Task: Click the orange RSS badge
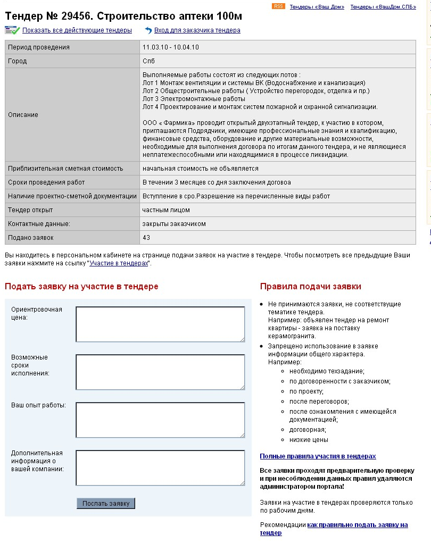tap(278, 6)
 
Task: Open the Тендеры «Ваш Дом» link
tap(317, 7)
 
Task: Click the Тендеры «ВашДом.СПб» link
tap(383, 7)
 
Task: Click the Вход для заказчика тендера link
tap(197, 30)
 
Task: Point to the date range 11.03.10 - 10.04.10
tap(171, 47)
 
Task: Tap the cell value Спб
tap(148, 61)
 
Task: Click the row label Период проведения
tap(39, 47)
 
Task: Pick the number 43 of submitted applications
tap(146, 237)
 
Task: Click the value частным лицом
tap(166, 210)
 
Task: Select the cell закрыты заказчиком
tap(174, 224)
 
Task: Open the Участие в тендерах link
tap(119, 263)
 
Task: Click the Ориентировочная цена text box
tap(160, 324)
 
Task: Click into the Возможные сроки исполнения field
tap(160, 372)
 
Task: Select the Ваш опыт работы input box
tap(160, 420)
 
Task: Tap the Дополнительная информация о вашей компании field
tap(160, 467)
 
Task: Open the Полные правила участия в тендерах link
tap(318, 456)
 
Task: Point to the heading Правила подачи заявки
tap(310, 287)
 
